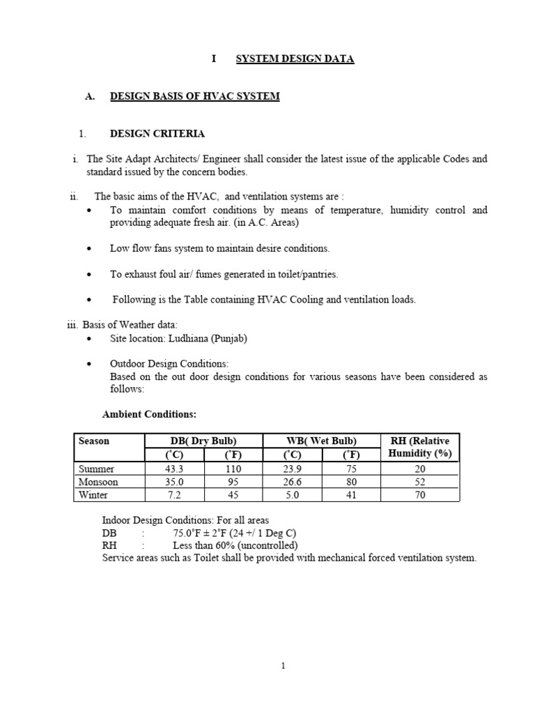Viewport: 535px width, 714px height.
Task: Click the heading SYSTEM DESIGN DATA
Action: coord(295,59)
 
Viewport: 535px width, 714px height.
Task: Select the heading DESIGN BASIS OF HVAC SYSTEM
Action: coord(194,96)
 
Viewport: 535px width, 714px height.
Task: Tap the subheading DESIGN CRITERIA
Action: coord(157,133)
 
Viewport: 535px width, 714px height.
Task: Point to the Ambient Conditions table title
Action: coord(149,414)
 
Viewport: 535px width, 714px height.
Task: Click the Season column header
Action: coord(94,441)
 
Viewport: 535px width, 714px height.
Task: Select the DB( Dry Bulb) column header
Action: coord(203,441)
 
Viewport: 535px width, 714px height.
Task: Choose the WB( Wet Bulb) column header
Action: coord(322,441)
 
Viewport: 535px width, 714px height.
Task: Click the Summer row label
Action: coord(96,469)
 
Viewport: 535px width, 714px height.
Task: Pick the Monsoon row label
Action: coord(98,482)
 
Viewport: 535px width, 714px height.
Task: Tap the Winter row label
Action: coord(93,495)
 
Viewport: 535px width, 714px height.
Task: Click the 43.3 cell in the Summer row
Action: coord(173,469)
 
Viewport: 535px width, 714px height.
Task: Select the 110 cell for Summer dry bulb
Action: coord(233,469)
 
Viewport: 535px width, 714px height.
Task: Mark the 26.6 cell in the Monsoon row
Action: coord(293,482)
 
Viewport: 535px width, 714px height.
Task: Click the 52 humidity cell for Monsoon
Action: coord(420,482)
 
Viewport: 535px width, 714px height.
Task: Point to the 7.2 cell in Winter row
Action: coord(173,495)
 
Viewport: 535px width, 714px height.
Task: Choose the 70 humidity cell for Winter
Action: coord(420,495)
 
